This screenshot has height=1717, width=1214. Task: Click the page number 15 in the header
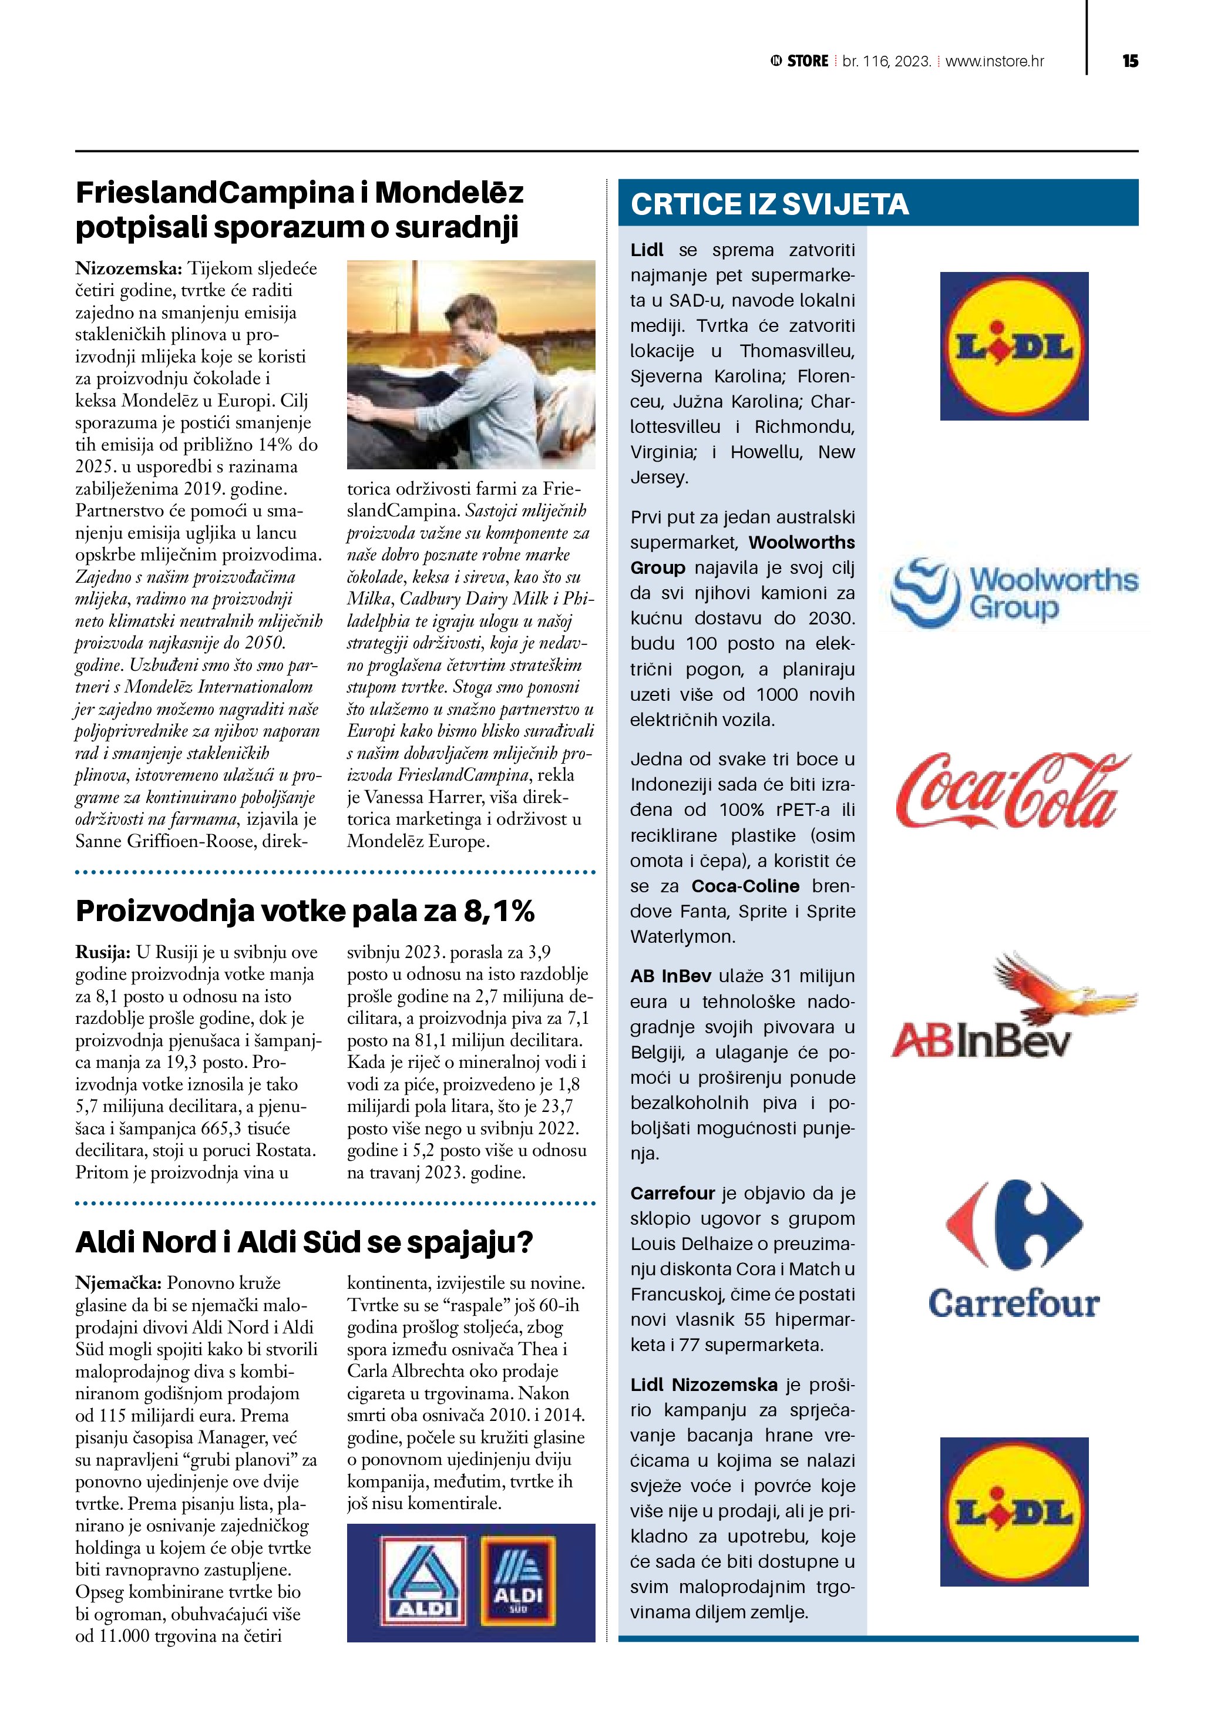(x=1129, y=61)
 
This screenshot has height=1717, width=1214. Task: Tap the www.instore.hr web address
(x=994, y=61)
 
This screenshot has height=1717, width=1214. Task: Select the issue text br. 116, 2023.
(x=887, y=61)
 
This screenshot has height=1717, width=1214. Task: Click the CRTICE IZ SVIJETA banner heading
(x=769, y=204)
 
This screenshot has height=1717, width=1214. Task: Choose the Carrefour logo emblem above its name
(x=1014, y=1225)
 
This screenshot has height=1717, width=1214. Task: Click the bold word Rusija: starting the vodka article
(x=102, y=952)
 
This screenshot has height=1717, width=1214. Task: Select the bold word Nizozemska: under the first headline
(x=129, y=268)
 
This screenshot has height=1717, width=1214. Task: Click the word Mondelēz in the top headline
(x=449, y=193)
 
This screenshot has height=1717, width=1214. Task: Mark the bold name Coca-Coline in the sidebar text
(x=745, y=886)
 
